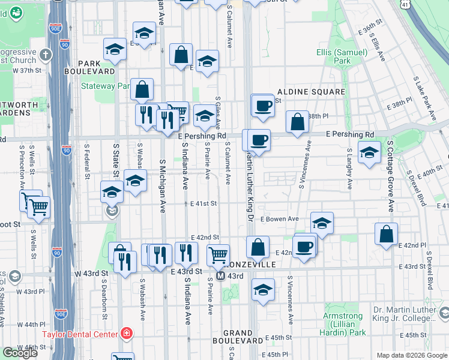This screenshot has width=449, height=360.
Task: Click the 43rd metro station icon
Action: click(x=221, y=276)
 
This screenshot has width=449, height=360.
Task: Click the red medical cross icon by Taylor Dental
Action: click(x=126, y=333)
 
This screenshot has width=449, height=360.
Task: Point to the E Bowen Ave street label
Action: click(x=279, y=219)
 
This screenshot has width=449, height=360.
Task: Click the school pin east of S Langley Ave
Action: click(x=369, y=152)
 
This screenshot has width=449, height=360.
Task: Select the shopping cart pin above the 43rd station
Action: click(x=218, y=255)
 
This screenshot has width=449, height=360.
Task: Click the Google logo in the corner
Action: click(x=20, y=353)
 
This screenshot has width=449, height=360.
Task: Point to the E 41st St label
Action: click(x=203, y=204)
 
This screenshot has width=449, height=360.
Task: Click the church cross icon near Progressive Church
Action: click(x=47, y=56)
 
